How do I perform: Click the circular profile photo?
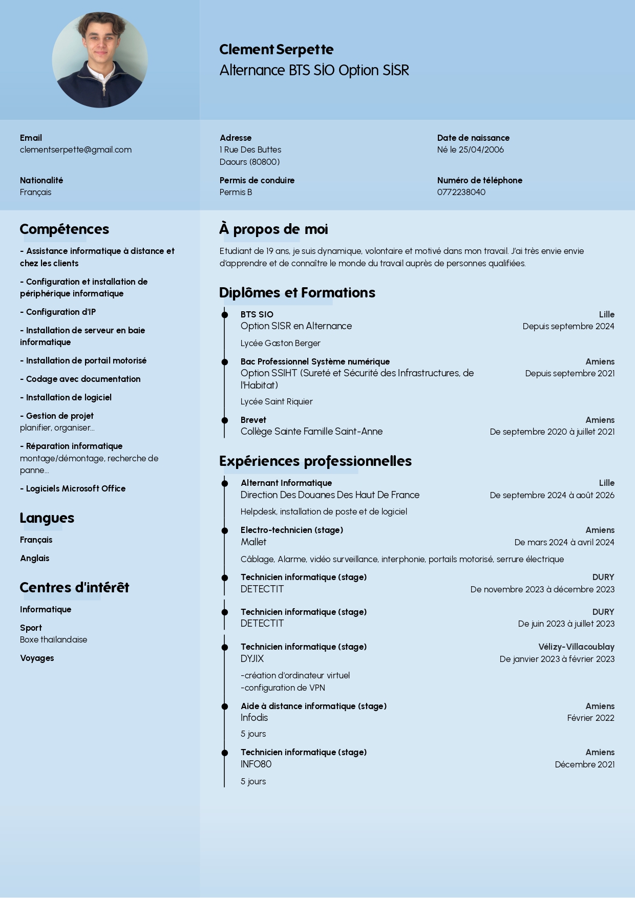click(x=100, y=60)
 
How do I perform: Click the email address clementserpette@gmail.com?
click(x=76, y=149)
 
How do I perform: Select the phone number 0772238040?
click(x=461, y=192)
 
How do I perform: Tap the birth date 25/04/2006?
click(x=481, y=149)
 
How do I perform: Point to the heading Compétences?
click(x=65, y=229)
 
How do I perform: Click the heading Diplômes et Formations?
click(x=297, y=292)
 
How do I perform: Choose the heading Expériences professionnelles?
click(x=315, y=461)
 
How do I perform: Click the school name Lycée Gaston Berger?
click(x=280, y=343)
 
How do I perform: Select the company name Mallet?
click(x=253, y=542)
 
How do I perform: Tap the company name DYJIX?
click(x=252, y=658)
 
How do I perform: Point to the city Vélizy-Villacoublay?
click(x=576, y=647)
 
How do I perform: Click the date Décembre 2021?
click(x=584, y=764)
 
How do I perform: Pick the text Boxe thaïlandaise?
click(x=53, y=639)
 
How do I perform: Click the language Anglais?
click(x=35, y=558)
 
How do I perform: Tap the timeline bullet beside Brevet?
click(x=224, y=420)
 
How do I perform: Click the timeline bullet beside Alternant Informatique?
click(x=224, y=483)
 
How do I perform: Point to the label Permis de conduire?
click(x=257, y=180)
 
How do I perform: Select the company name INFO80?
click(x=256, y=764)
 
